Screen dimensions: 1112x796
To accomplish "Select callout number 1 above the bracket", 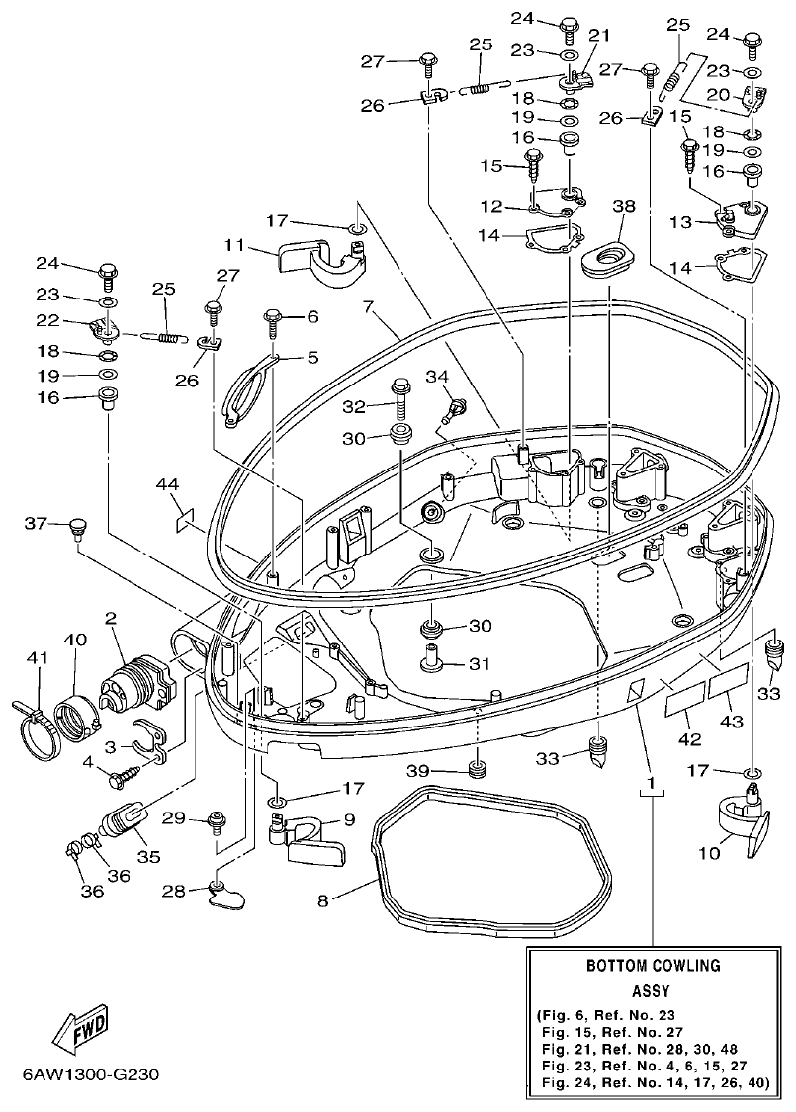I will (x=651, y=784).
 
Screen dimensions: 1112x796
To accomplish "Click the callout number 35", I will (x=148, y=856).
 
